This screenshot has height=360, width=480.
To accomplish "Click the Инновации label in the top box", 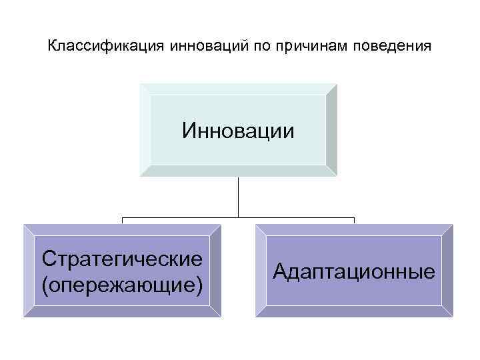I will tap(238, 131).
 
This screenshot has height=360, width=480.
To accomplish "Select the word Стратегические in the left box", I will tap(122, 257).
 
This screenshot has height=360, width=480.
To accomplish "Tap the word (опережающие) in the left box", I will tap(122, 285).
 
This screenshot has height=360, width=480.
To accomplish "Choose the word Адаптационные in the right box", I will tap(354, 271).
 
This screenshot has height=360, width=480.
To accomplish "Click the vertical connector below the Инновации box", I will tap(238, 197).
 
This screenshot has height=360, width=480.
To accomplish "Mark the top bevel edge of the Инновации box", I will tap(238, 89).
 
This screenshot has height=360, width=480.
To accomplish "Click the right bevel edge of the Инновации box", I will tap(331, 130).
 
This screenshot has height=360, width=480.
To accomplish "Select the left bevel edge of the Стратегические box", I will tap(29, 271).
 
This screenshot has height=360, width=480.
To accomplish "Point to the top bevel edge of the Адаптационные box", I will tap(354, 229).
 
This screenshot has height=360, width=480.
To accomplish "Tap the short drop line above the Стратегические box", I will tap(122, 221).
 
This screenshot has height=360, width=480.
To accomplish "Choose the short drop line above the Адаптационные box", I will tap(354, 221).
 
